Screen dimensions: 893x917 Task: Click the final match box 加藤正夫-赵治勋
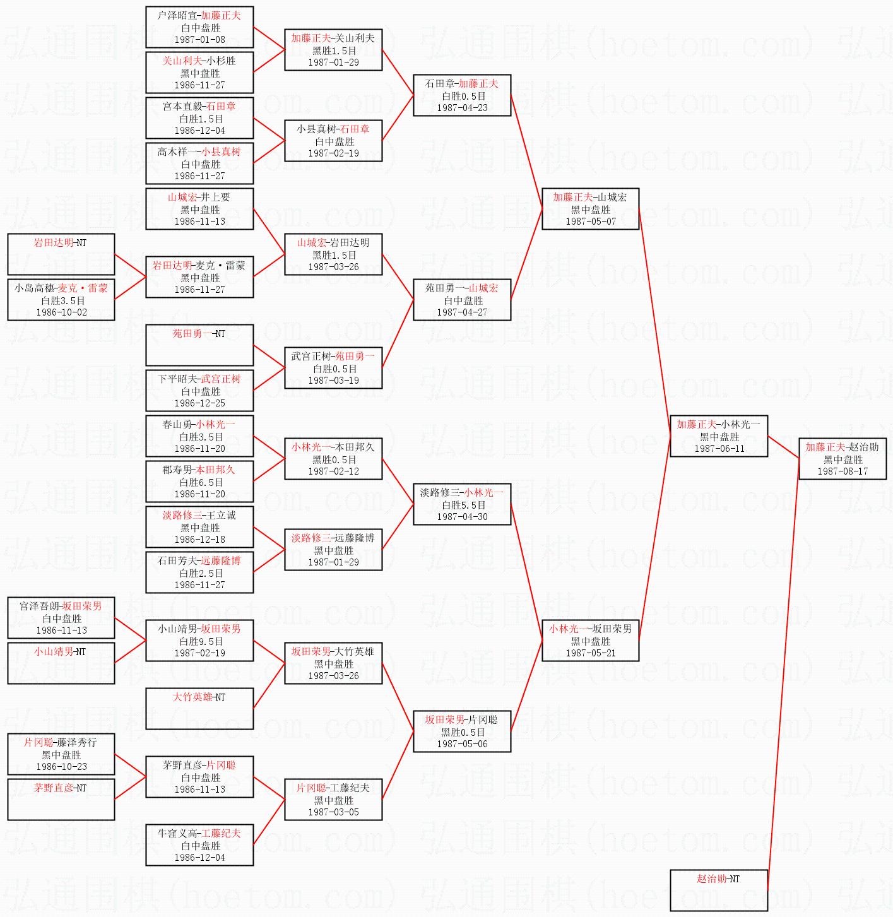(843, 459)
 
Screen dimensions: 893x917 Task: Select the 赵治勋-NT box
(719, 890)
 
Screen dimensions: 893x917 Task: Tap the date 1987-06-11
(719, 449)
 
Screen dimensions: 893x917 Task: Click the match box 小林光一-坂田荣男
(591, 641)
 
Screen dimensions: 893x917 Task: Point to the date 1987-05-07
(591, 222)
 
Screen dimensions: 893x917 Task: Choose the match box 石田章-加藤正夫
(462, 95)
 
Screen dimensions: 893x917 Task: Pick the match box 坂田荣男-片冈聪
(462, 731)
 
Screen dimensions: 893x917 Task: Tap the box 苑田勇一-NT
(199, 345)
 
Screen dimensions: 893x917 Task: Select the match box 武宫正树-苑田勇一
(333, 368)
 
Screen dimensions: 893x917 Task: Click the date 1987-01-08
(199, 40)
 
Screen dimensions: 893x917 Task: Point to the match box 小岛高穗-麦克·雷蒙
(61, 300)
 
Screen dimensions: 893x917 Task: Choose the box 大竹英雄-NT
(199, 708)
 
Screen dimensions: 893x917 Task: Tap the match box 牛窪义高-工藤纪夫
(199, 844)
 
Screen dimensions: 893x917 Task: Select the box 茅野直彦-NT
(61, 799)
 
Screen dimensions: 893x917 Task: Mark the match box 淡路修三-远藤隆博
(333, 550)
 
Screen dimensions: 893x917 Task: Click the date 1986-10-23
(62, 767)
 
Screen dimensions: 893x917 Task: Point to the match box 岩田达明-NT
(61, 254)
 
